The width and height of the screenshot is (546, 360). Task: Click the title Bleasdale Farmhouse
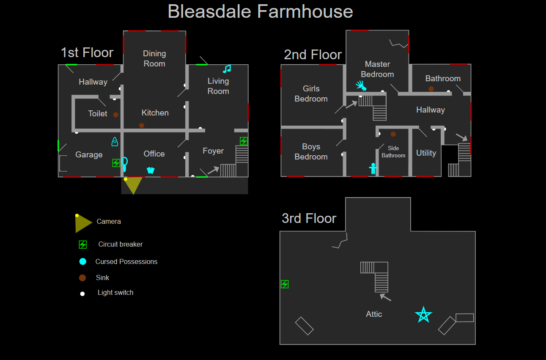click(x=260, y=11)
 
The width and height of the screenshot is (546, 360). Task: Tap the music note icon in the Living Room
click(x=227, y=69)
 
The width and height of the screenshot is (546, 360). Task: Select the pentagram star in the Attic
click(x=423, y=315)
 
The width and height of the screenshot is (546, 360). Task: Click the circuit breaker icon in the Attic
click(x=285, y=284)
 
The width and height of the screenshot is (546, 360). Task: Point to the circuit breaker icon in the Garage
click(x=116, y=163)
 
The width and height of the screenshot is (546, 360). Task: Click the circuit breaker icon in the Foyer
click(x=244, y=141)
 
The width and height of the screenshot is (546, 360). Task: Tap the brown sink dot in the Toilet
click(x=115, y=115)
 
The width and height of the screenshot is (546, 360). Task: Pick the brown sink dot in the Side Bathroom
click(x=393, y=134)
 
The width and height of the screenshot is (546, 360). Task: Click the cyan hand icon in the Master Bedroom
click(x=361, y=86)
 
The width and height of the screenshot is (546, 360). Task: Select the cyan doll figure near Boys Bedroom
click(x=373, y=168)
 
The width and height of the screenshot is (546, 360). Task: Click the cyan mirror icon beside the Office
click(x=124, y=163)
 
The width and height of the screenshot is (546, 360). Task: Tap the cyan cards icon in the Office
click(x=151, y=170)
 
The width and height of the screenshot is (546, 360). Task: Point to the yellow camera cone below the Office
click(x=133, y=184)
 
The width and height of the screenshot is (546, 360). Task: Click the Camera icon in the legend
click(x=83, y=223)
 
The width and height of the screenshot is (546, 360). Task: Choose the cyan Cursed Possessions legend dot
click(x=83, y=261)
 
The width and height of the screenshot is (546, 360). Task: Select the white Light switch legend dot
click(x=82, y=294)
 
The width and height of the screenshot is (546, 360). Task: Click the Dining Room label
click(x=154, y=59)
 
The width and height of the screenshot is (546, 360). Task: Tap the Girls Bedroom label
click(x=311, y=93)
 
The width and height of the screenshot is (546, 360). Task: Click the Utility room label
click(x=426, y=153)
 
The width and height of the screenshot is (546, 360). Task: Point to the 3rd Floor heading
click(x=309, y=218)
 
